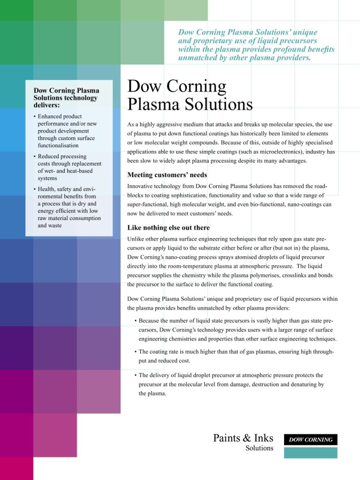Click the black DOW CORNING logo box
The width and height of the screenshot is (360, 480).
click(x=310, y=440)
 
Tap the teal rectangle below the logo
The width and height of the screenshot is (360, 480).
click(x=310, y=453)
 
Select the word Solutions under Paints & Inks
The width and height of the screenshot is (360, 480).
click(x=259, y=448)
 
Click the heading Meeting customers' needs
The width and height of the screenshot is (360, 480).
click(x=167, y=175)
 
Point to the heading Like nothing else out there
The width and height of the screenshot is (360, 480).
click(x=168, y=228)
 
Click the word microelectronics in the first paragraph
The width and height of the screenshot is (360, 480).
click(x=285, y=152)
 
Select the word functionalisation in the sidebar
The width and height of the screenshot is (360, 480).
click(x=58, y=146)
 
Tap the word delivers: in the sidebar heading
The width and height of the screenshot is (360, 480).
click(x=47, y=105)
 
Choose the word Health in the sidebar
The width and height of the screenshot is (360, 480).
click(x=47, y=189)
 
